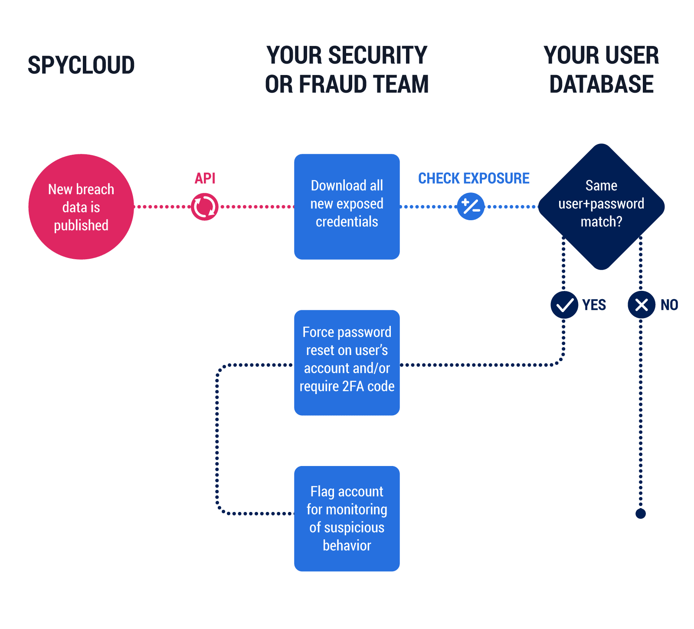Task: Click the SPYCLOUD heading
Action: tap(81, 65)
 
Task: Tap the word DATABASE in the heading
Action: tap(601, 84)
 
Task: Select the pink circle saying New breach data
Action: tap(81, 207)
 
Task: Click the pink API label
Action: tap(205, 178)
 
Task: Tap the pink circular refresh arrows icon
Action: tap(205, 207)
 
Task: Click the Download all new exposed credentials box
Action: tap(347, 207)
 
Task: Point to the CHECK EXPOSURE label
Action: tap(474, 178)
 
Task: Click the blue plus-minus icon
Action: tap(471, 206)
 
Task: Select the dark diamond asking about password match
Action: tap(601, 207)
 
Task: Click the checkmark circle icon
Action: tap(564, 305)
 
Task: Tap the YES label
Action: tap(594, 305)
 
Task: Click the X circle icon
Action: tap(641, 305)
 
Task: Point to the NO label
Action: tap(669, 305)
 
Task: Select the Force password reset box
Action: tap(347, 363)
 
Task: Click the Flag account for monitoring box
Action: tap(347, 518)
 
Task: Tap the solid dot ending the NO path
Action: tap(641, 514)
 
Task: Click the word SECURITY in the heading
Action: tap(377, 55)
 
